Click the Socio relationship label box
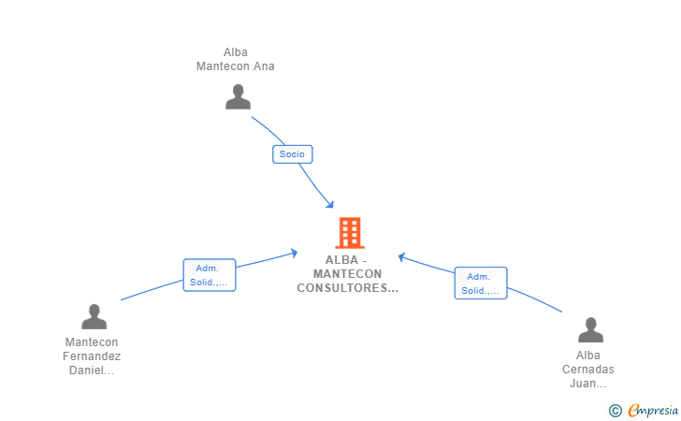(x=292, y=154)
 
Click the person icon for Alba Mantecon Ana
(x=238, y=97)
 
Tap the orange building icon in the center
(x=350, y=233)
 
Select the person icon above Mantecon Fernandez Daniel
(x=94, y=317)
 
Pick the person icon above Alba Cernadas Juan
(x=590, y=329)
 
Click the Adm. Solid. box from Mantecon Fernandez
(x=210, y=275)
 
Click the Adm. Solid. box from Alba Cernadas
(x=481, y=283)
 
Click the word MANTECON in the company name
(x=347, y=274)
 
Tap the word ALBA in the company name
(x=341, y=260)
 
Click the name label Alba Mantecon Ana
(x=236, y=59)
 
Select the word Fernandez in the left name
(x=92, y=356)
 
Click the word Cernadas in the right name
(x=588, y=370)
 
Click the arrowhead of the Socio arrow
(x=330, y=205)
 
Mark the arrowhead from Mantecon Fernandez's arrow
(x=294, y=253)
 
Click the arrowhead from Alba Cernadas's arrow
(x=401, y=257)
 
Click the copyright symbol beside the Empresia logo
(x=615, y=411)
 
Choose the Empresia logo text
(x=653, y=410)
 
